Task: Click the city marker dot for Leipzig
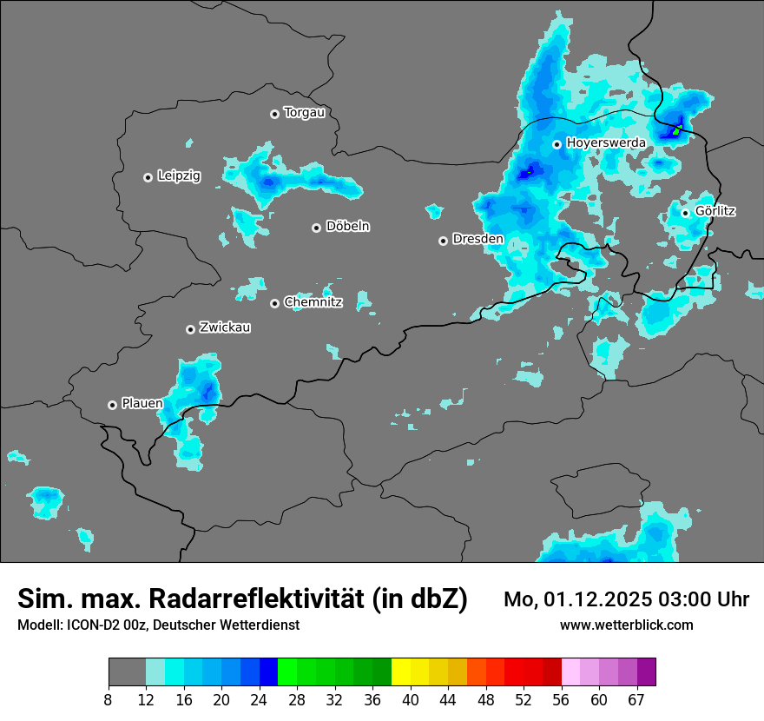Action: [148, 177]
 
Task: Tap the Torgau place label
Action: [304, 113]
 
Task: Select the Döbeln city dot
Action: [317, 228]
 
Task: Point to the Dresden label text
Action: [477, 239]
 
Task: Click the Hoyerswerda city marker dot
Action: [557, 144]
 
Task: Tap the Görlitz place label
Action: [715, 211]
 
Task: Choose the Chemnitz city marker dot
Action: [275, 303]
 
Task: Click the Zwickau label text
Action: [225, 327]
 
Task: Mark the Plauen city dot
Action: [113, 405]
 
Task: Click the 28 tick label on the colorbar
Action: [296, 699]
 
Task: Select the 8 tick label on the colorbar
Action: [109, 699]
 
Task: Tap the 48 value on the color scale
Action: [486, 699]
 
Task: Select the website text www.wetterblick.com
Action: [627, 625]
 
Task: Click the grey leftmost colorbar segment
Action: [127, 672]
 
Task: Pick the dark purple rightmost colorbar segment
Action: [647, 672]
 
